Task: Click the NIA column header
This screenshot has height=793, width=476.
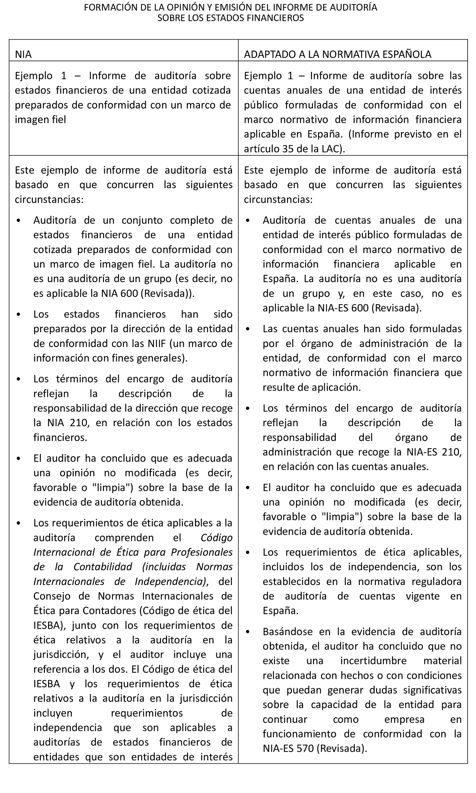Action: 23,54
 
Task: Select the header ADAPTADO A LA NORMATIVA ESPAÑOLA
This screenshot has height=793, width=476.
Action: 338,54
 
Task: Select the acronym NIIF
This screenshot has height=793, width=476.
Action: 157,343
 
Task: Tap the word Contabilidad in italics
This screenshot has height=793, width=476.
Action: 103,566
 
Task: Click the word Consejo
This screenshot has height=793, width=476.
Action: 52,596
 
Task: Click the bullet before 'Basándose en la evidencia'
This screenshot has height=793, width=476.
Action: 248,632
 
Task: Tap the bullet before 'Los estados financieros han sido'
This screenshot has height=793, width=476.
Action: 18,314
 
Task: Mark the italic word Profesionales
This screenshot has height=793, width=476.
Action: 202,552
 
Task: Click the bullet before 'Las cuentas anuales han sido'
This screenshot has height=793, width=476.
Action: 248,329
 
